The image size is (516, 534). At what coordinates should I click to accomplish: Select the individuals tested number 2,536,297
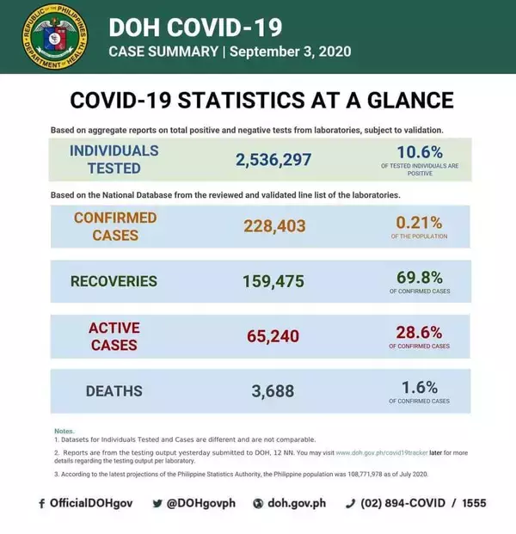pyautogui.click(x=273, y=160)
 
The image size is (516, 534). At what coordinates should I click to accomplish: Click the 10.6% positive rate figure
pyautogui.click(x=421, y=153)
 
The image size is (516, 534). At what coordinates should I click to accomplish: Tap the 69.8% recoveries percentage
pyautogui.click(x=421, y=277)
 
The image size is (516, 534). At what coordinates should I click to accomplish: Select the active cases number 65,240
pyautogui.click(x=273, y=336)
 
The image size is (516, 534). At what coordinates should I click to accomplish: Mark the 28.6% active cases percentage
pyautogui.click(x=420, y=332)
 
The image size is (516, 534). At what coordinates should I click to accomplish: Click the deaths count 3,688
pyautogui.click(x=273, y=391)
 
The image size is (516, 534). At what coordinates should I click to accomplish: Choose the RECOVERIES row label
pyautogui.click(x=114, y=281)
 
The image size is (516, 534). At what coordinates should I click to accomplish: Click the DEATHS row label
pyautogui.click(x=114, y=391)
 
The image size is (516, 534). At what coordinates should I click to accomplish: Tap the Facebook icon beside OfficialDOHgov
pyautogui.click(x=41, y=503)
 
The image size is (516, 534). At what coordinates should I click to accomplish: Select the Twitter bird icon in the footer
pyautogui.click(x=157, y=503)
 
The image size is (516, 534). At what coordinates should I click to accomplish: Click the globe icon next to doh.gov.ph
pyautogui.click(x=257, y=503)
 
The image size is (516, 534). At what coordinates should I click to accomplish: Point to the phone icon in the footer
pyautogui.click(x=350, y=503)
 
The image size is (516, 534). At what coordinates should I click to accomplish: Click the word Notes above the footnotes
pyautogui.click(x=64, y=430)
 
